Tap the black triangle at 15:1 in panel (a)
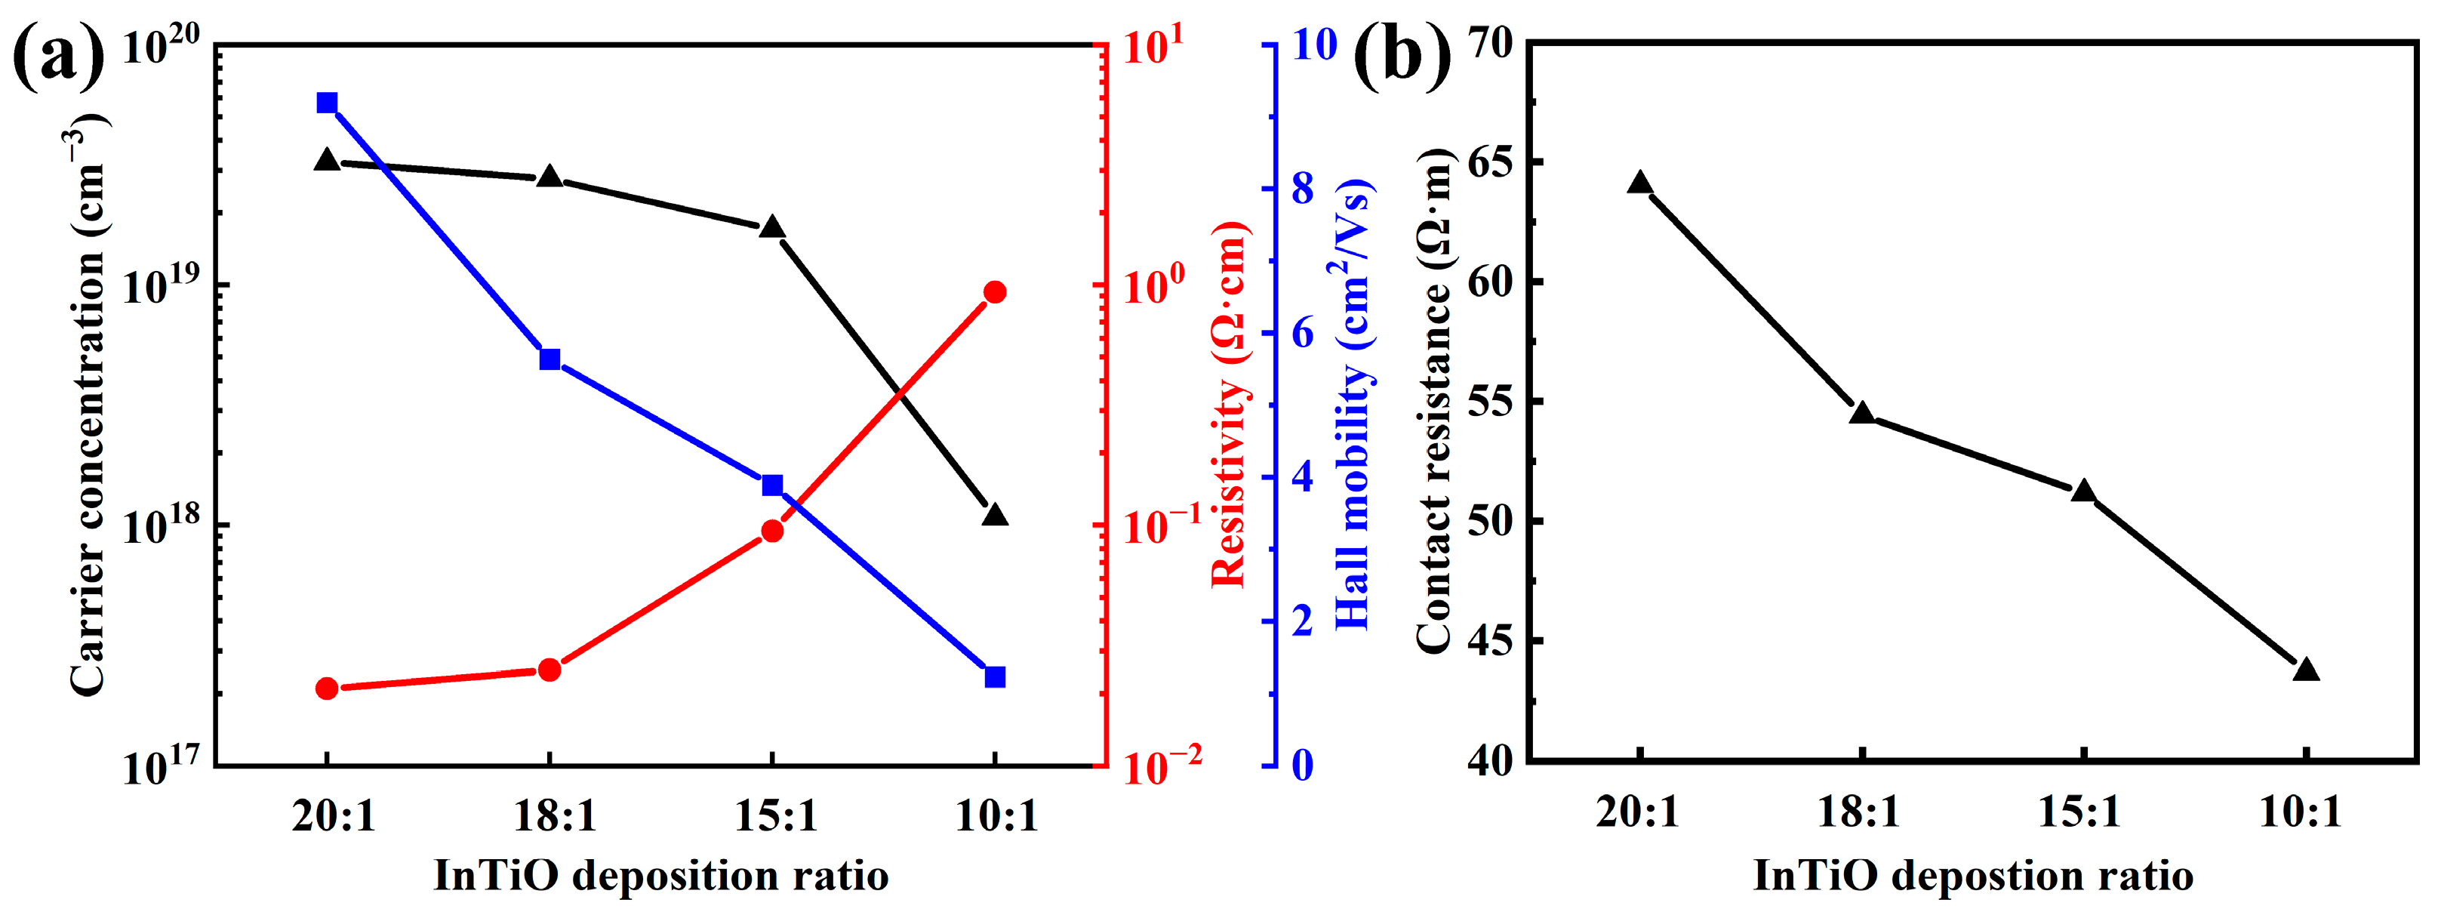pyautogui.click(x=772, y=227)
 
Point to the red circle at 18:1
pyautogui.click(x=550, y=670)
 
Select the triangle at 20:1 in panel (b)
pyautogui.click(x=1640, y=183)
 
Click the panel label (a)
pyautogui.click(x=59, y=55)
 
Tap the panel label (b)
pyautogui.click(x=1402, y=55)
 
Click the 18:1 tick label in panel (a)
pyautogui.click(x=555, y=816)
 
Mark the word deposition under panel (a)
pyautogui.click(x=679, y=875)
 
